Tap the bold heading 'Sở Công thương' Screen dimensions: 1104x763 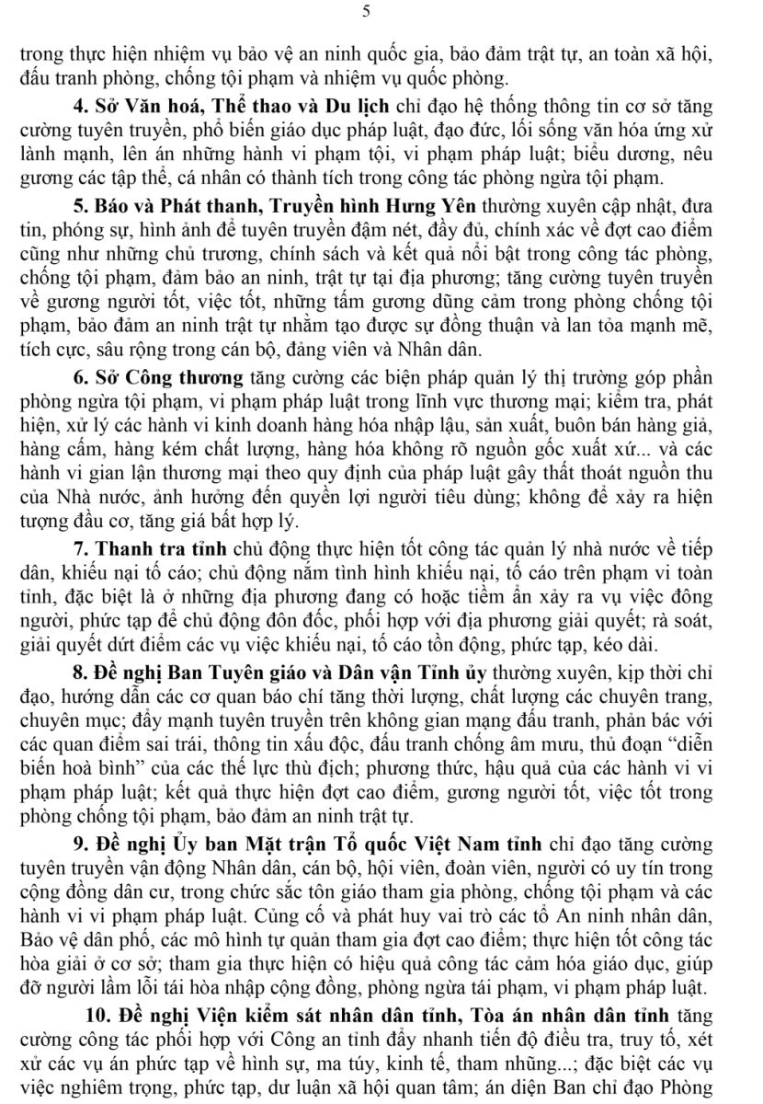(x=169, y=377)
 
